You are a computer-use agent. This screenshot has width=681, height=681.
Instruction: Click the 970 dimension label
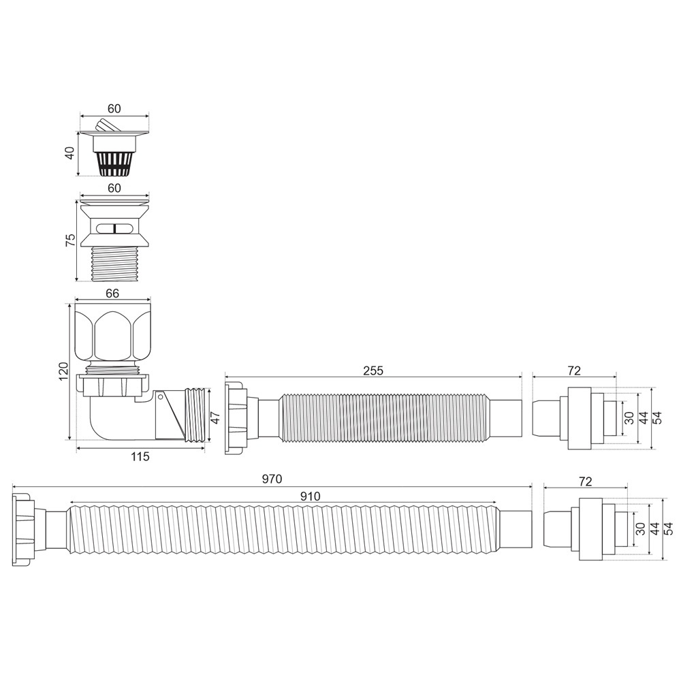coord(272,479)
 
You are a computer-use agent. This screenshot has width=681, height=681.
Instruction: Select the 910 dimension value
coord(310,496)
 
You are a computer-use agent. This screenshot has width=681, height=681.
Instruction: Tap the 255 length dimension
coord(373,370)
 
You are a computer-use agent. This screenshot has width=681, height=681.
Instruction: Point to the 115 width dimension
coord(140,456)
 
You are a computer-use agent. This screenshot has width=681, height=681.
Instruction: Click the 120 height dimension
coord(63,371)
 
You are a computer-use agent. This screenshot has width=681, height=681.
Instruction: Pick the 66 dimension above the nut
coord(112,294)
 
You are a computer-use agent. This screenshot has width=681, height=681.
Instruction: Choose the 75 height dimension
coord(70,240)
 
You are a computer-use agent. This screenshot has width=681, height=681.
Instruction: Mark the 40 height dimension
coord(70,153)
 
